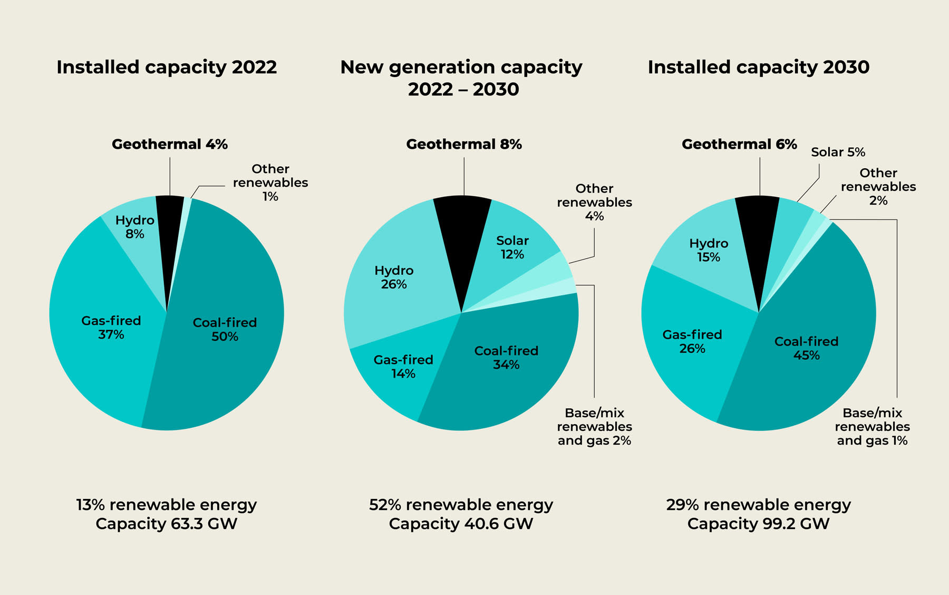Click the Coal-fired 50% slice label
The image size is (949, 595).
click(x=225, y=330)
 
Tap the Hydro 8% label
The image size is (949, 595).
click(x=135, y=227)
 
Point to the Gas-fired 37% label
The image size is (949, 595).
click(x=111, y=328)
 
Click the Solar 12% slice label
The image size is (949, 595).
click(x=512, y=247)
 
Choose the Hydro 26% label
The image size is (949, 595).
click(x=394, y=277)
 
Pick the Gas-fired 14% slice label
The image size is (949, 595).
click(x=403, y=367)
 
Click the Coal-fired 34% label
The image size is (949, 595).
click(x=506, y=358)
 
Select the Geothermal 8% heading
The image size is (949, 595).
click(x=464, y=145)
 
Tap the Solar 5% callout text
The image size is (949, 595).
click(x=838, y=152)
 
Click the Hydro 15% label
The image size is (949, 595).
click(x=709, y=250)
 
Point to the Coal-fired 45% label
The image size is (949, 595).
click(x=806, y=348)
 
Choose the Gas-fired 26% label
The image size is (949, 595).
click(x=692, y=341)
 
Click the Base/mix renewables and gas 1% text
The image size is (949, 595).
click(x=872, y=427)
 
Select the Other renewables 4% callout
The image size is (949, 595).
click(x=594, y=203)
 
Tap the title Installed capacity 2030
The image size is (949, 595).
click(x=758, y=68)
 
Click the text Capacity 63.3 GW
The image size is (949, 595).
click(x=167, y=524)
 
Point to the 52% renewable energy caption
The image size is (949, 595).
click(x=461, y=505)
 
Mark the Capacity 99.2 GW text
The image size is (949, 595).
click(x=758, y=524)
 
